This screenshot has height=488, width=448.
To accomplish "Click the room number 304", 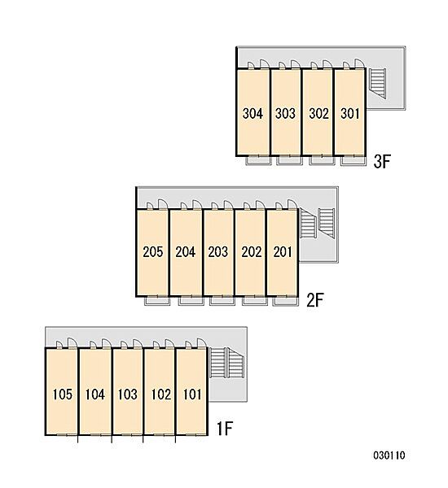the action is click(253, 114).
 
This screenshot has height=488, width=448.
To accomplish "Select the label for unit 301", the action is click(349, 114).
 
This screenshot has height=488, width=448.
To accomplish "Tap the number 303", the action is click(285, 114).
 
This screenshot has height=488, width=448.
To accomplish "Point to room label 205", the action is click(153, 252).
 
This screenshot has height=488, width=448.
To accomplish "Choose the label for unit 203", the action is click(218, 252).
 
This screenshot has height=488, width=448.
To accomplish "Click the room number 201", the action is click(283, 252).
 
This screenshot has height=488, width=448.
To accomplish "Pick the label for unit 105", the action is click(63, 394).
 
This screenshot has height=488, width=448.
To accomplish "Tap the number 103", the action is click(128, 394).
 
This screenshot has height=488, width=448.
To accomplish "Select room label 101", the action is click(192, 394).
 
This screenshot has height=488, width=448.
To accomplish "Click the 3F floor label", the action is click(382, 162).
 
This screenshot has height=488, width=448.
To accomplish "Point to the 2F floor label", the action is click(315, 300).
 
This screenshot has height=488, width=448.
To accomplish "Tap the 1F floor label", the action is click(225, 429).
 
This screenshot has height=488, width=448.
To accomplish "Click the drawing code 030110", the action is click(389, 455).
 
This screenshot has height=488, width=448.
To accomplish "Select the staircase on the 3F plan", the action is click(378, 84).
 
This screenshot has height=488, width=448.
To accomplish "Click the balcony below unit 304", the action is click(258, 160).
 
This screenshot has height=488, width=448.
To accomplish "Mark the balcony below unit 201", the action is click(285, 300).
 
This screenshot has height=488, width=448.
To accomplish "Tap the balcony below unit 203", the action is click(222, 300).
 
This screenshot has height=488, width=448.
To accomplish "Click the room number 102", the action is click(160, 394).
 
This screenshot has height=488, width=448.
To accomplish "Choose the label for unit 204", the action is click(185, 252).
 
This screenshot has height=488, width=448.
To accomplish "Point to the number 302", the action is click(318, 114).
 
